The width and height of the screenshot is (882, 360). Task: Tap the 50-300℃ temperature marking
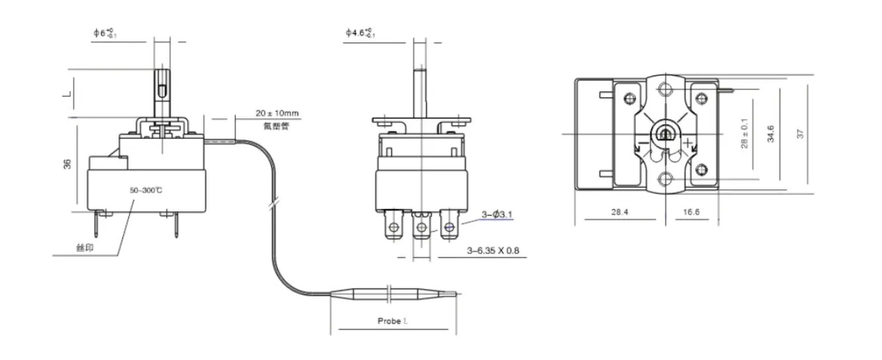[x=147, y=191]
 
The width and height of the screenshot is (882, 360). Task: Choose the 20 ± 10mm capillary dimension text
[x=277, y=113]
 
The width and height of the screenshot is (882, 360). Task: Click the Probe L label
[x=392, y=321]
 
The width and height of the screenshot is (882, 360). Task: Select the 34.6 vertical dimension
[x=771, y=133]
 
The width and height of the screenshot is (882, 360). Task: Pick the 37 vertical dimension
[x=801, y=133]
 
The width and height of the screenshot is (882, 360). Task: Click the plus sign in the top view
[x=689, y=142]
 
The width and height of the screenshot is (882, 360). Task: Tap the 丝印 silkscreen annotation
[x=83, y=248]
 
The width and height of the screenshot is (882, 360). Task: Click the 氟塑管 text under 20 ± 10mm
[x=277, y=126]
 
